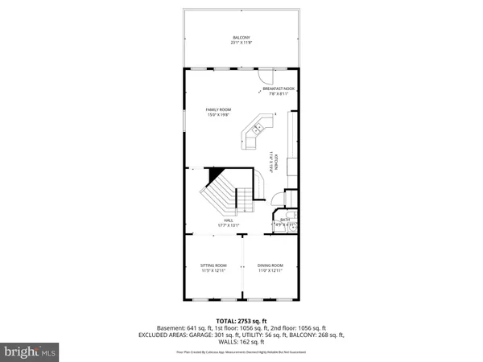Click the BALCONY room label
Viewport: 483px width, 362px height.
(242, 38)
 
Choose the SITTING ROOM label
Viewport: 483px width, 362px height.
(214, 265)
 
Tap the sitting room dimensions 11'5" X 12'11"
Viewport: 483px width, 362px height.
(214, 271)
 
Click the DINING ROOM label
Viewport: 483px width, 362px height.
(270, 265)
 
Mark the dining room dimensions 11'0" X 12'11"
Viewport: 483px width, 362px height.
(270, 271)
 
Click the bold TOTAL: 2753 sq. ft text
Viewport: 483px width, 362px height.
(242, 321)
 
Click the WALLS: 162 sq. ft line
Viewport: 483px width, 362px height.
(242, 341)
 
